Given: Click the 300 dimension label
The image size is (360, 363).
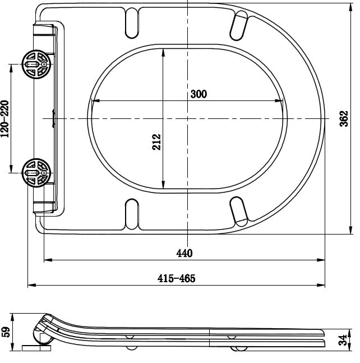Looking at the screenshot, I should coord(199,94).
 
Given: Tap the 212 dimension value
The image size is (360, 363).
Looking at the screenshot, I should coord(156,141).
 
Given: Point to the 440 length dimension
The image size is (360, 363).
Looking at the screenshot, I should coord(184,253).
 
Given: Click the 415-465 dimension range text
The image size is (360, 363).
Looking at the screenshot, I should coord(176,278).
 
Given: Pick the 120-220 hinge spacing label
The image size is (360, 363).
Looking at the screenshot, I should coord(5,118).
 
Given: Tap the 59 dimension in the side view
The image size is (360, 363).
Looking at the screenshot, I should coord(6,331).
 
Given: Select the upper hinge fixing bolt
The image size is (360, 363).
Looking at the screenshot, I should coord(35,65).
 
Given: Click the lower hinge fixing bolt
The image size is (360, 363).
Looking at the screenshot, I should coord(35,172).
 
